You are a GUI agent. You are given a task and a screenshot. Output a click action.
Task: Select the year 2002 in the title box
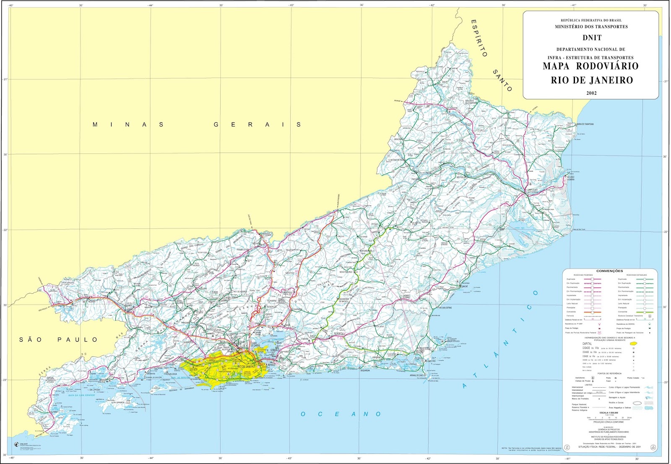pos(591,93)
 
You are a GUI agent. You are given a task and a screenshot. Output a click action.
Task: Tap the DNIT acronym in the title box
pos(592,38)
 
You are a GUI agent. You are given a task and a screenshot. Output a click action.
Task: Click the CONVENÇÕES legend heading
pos(609,271)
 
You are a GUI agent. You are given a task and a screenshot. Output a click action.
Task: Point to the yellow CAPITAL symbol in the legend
pos(633,344)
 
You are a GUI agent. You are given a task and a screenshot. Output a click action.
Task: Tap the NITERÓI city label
pos(272,365)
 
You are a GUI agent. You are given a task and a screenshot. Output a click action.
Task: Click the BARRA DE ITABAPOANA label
pos(585,124)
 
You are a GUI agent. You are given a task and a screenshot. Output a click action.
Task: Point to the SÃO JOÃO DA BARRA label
pos(570,178)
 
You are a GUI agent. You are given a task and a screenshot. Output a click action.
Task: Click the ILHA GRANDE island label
pos(117,402)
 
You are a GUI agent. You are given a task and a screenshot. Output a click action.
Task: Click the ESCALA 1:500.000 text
pos(609,412)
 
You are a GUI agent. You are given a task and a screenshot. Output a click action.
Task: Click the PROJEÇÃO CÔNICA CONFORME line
pos(609,422)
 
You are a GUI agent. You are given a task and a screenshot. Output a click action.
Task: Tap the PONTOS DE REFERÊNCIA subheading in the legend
pos(609,373)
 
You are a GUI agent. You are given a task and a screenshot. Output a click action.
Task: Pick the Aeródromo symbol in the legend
pos(593,378)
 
